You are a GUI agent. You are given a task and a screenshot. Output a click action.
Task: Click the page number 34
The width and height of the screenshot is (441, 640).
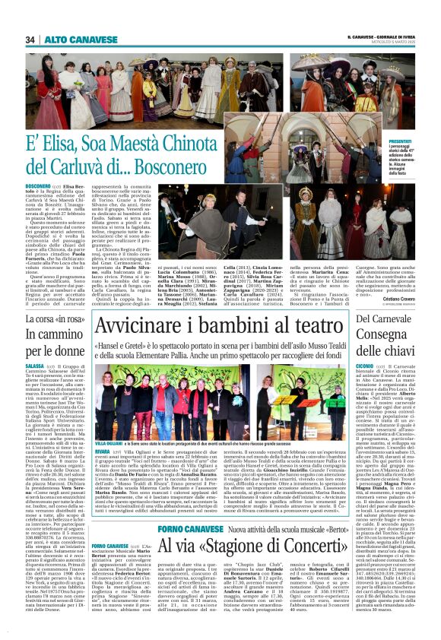[30, 40]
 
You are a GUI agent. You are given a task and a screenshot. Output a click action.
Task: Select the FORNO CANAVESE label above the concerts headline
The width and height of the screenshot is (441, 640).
[174, 506]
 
